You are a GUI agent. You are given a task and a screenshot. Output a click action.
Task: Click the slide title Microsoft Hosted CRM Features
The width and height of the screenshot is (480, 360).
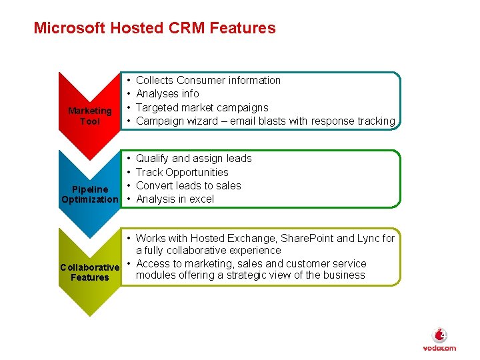click(x=155, y=28)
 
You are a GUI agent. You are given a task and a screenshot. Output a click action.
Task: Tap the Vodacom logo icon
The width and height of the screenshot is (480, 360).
click(x=439, y=335)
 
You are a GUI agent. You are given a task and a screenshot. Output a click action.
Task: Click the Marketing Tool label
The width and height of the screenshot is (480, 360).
click(x=90, y=116)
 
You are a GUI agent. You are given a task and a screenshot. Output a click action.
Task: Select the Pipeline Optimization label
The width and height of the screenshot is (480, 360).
click(x=90, y=195)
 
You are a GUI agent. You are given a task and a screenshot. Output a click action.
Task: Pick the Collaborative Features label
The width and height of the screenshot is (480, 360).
click(x=90, y=273)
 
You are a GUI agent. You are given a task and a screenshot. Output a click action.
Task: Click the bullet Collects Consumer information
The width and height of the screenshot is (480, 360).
click(x=208, y=80)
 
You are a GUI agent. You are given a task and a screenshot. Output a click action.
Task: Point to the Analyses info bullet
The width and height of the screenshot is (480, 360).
click(x=167, y=94)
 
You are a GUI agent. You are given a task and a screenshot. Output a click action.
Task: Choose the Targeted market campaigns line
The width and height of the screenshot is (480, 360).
click(x=202, y=107)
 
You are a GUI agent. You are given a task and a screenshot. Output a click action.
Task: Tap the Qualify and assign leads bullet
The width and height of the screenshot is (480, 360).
click(x=193, y=159)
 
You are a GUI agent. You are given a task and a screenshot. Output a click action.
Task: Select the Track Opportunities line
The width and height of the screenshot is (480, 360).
click(x=182, y=172)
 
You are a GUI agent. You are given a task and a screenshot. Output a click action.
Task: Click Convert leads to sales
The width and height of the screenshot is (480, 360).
click(x=189, y=185)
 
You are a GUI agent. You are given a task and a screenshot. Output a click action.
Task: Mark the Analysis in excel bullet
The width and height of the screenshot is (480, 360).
click(x=175, y=199)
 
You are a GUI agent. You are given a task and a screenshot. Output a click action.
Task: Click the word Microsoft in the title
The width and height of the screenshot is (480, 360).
click(x=69, y=28)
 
